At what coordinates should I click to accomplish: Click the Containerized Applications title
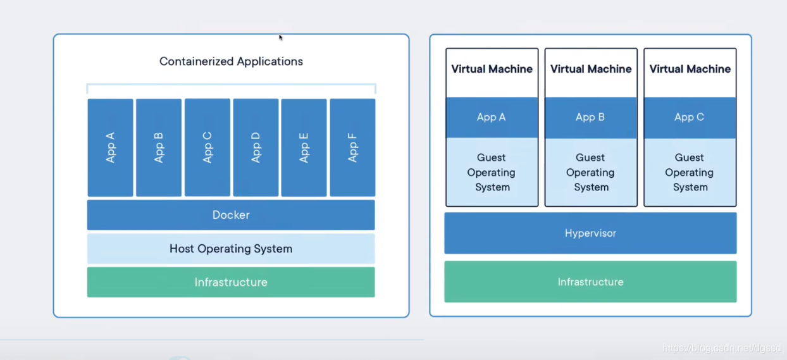click(231, 61)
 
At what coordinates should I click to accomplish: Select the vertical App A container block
click(110, 147)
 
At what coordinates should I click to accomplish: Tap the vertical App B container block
click(159, 147)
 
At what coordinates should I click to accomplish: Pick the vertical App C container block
click(208, 147)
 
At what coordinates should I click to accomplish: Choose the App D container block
click(256, 147)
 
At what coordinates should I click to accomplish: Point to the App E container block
click(304, 147)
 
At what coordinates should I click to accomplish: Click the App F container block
click(352, 147)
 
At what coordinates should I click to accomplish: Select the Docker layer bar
click(231, 215)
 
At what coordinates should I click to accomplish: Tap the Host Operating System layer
click(231, 249)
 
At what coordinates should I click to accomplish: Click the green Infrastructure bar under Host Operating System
click(231, 282)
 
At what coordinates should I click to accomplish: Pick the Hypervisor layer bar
click(590, 233)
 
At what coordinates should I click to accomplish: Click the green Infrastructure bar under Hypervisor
click(590, 282)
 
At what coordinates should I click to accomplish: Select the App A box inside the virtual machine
click(492, 117)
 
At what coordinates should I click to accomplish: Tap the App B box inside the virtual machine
click(591, 117)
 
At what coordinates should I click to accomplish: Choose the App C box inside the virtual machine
click(690, 117)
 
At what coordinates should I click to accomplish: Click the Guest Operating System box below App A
click(492, 171)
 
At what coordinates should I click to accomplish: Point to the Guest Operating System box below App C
click(690, 171)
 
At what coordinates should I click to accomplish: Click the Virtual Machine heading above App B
click(591, 69)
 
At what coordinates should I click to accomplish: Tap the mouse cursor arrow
click(281, 37)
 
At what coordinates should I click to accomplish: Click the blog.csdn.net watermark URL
click(722, 348)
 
